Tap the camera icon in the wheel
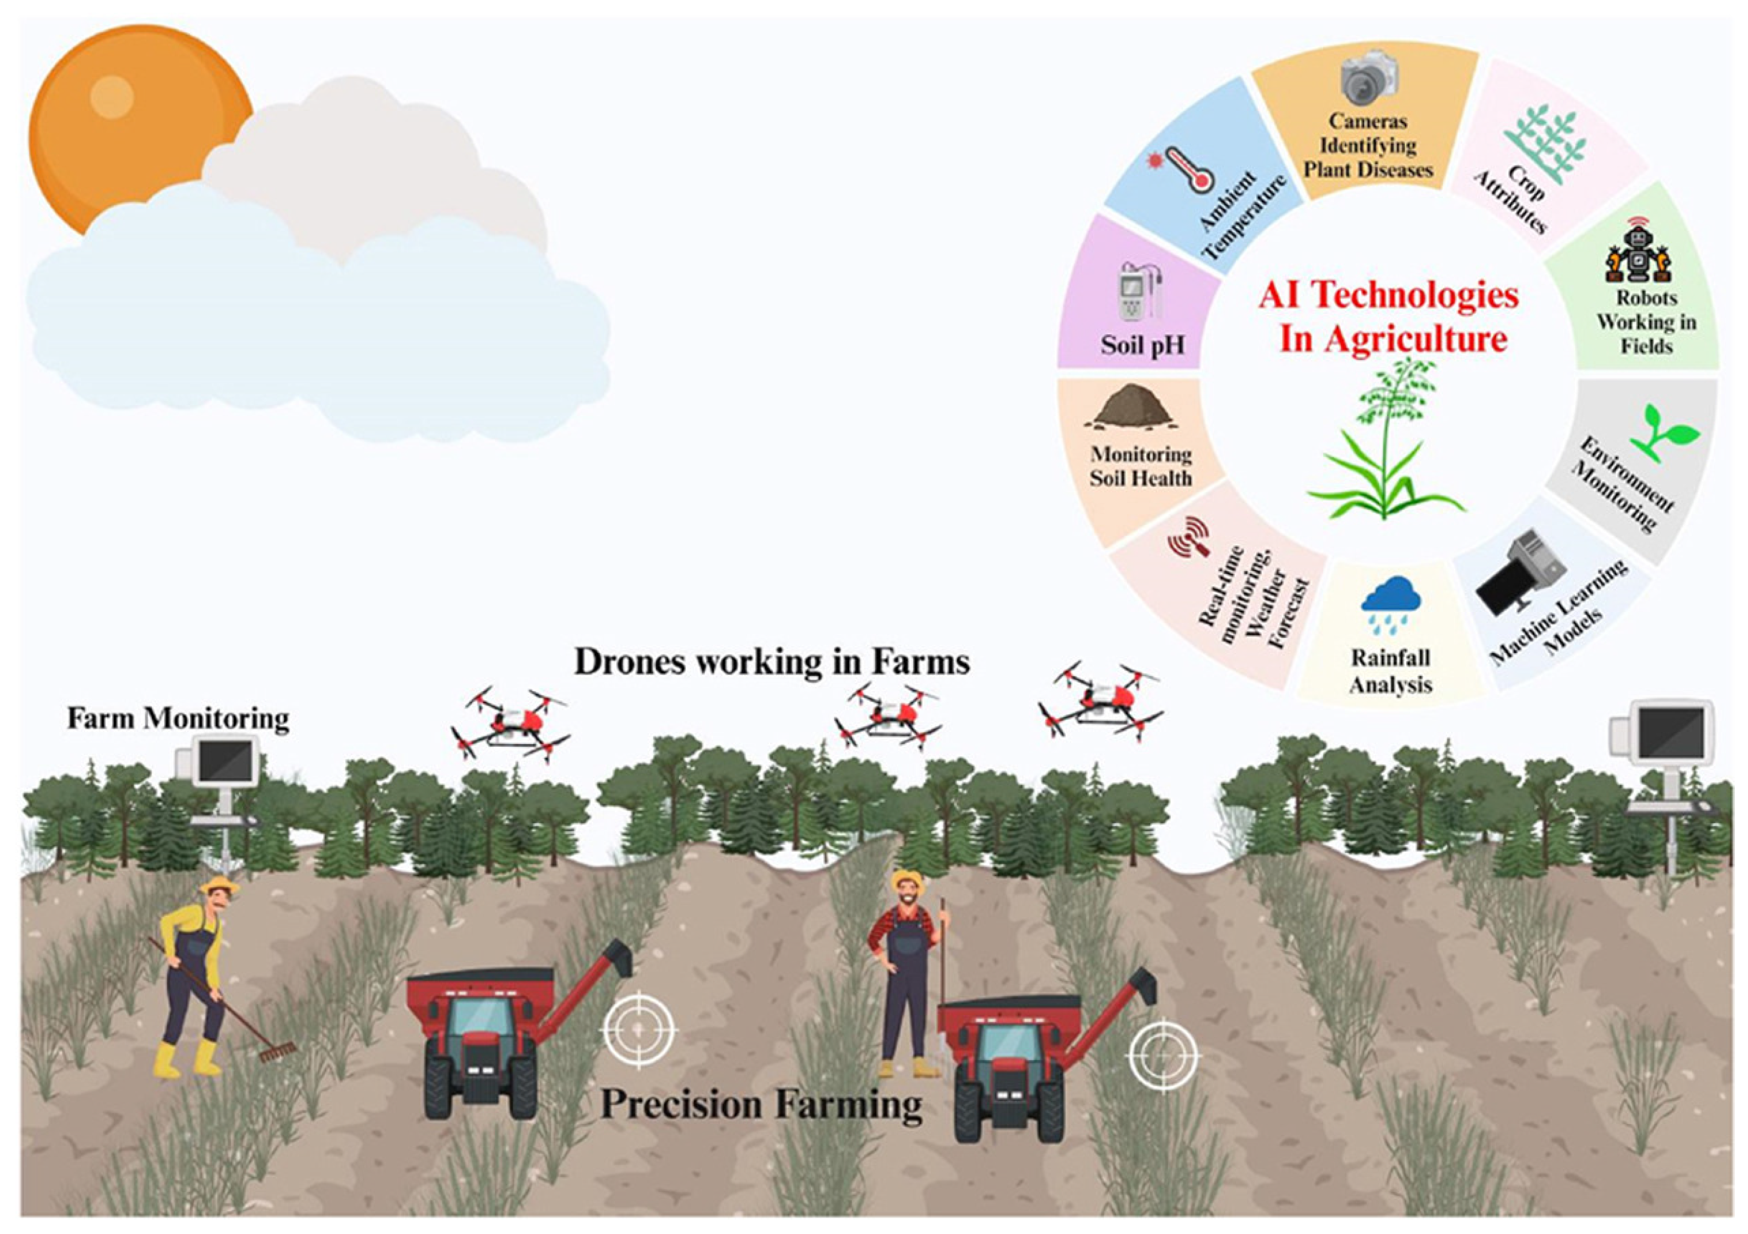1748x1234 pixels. click(1370, 78)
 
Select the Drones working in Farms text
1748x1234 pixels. click(772, 662)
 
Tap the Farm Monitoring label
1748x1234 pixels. click(178, 719)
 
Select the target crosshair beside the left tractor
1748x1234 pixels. click(638, 1029)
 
